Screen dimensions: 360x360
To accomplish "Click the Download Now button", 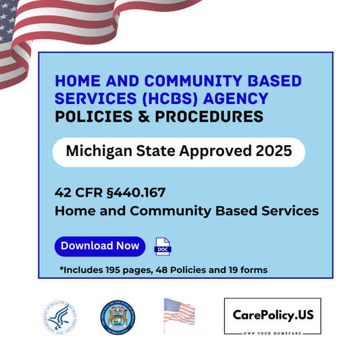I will coord(100,246).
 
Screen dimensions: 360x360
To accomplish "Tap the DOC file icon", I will coord(163,246).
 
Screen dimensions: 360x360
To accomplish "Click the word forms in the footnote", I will coord(253,270).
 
